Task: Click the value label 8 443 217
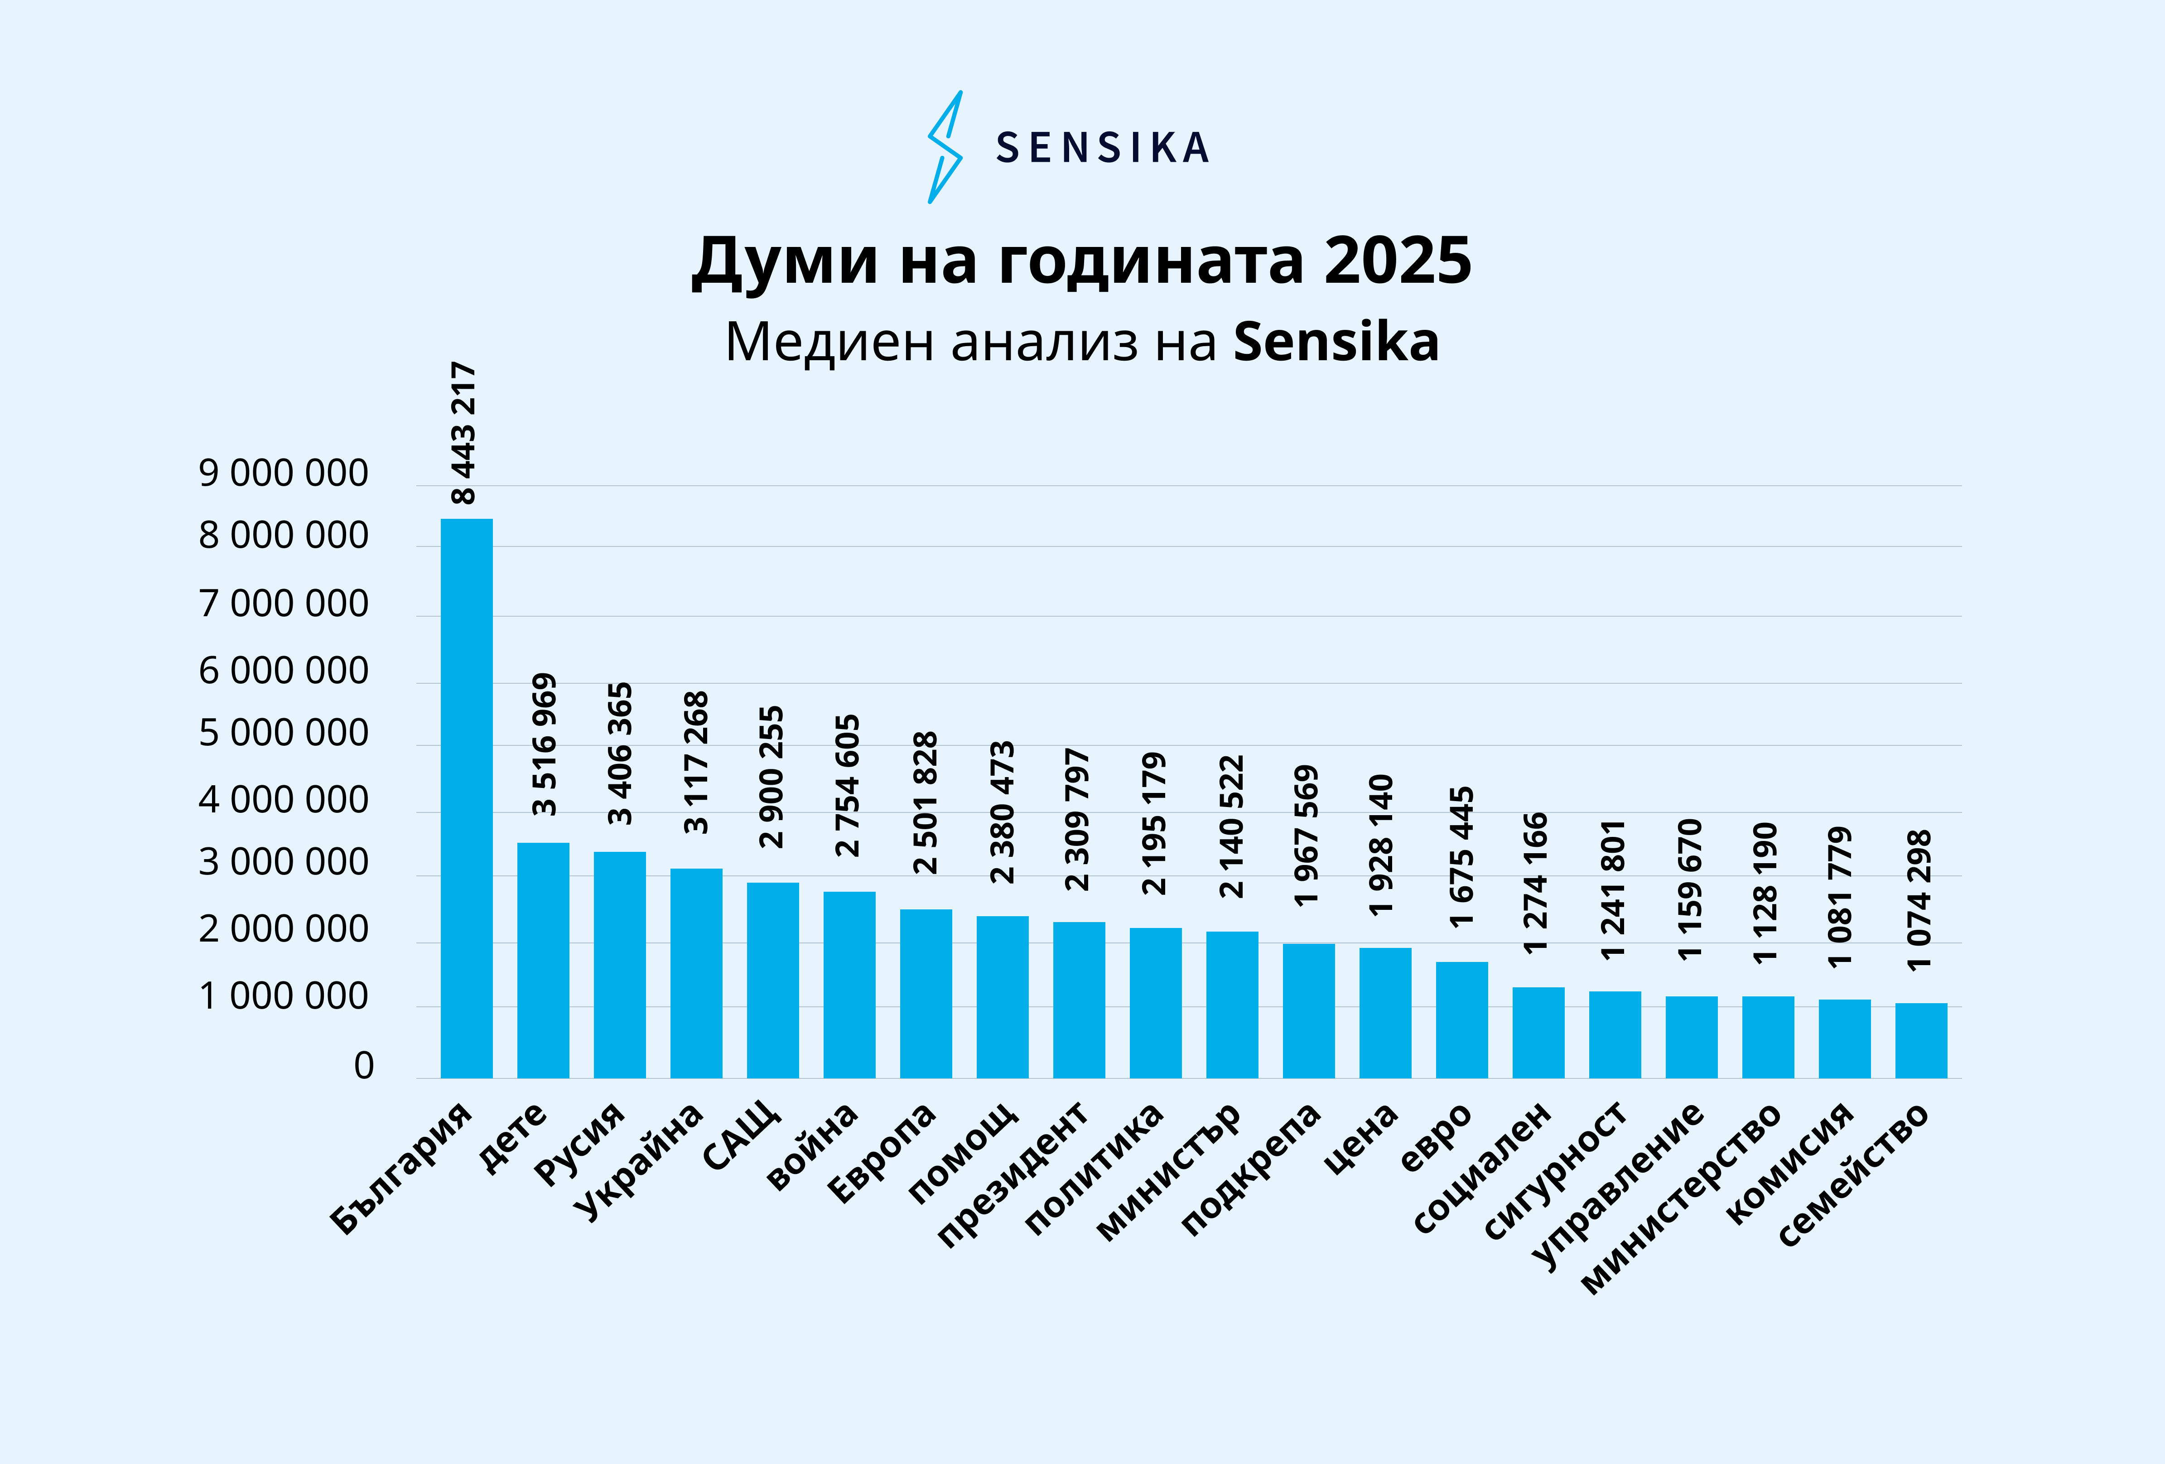tap(463, 432)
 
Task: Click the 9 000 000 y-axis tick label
tap(283, 474)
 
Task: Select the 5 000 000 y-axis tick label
tap(283, 734)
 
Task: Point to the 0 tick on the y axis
tap(363, 1065)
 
